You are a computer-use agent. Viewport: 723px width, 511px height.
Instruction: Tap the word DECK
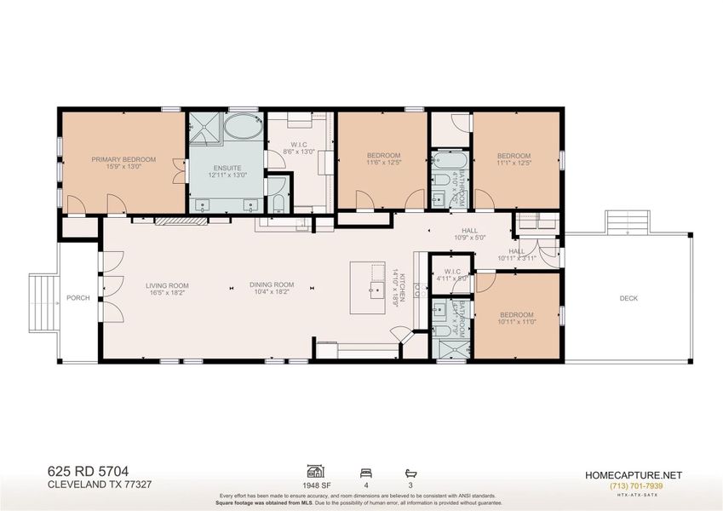pos(628,298)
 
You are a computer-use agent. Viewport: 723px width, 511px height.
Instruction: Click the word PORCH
pos(78,298)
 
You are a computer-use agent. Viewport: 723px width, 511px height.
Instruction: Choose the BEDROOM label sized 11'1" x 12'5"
pos(514,158)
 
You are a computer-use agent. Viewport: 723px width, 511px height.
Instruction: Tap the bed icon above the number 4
pos(365,470)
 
